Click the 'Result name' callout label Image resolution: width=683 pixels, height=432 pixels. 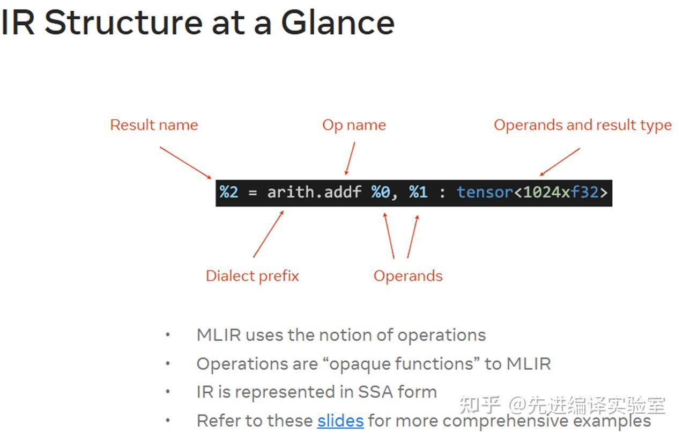click(x=154, y=125)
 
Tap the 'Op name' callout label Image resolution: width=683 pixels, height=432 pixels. click(x=354, y=125)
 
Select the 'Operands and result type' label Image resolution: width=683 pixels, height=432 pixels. click(x=582, y=125)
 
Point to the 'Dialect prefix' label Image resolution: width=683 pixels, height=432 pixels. click(x=252, y=276)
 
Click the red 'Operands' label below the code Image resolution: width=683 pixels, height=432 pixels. click(x=408, y=276)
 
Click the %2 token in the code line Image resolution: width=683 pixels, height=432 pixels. click(x=228, y=192)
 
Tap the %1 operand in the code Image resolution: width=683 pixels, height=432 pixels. click(x=418, y=192)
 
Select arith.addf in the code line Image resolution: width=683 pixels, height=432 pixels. click(x=314, y=192)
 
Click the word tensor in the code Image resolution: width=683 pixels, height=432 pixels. click(x=485, y=192)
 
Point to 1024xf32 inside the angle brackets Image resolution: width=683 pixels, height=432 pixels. click(x=560, y=192)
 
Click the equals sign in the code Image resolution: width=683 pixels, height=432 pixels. click(x=253, y=192)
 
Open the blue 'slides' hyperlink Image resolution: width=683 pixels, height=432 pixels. click(x=340, y=420)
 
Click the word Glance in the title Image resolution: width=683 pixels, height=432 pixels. click(x=338, y=23)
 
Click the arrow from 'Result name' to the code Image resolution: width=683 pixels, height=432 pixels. click(x=186, y=163)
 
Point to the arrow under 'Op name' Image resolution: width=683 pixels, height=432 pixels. click(x=350, y=159)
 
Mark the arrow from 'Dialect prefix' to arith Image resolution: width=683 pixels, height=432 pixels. click(x=268, y=234)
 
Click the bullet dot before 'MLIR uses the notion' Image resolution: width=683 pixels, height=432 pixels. click(x=168, y=335)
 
